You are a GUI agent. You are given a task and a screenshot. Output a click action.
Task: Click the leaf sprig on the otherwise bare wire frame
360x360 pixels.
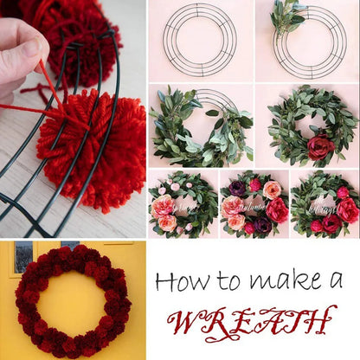pos(286,16)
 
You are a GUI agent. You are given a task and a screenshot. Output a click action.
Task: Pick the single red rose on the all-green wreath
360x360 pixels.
pos(321,146)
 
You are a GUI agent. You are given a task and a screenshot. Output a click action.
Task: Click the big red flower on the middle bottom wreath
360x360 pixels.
pos(278,209)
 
